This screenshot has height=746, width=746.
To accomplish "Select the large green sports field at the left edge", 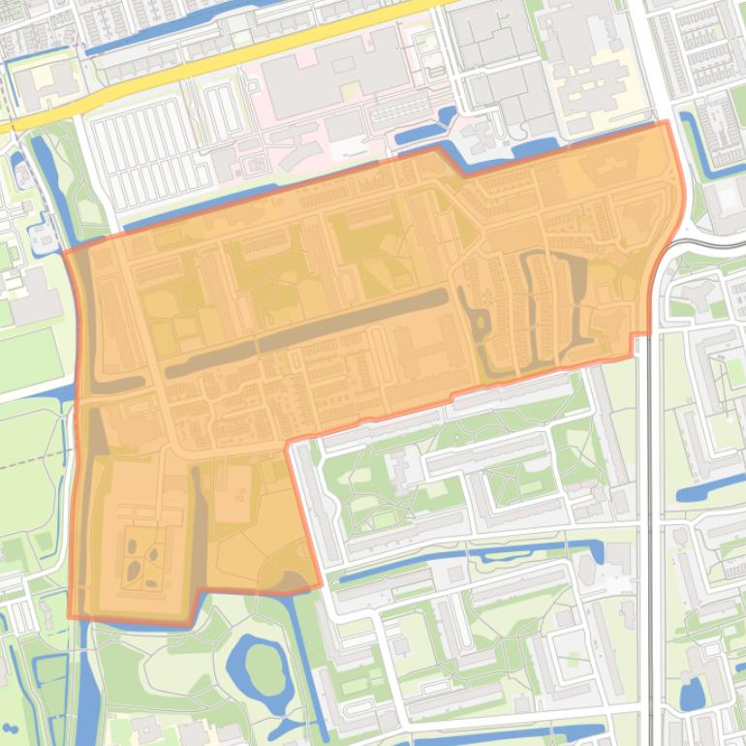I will (x=27, y=358).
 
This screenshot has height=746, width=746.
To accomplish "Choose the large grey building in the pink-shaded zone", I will (x=329, y=78).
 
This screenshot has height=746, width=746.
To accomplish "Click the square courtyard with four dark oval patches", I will (x=143, y=562).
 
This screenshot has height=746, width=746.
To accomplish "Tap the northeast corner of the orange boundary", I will (x=667, y=122).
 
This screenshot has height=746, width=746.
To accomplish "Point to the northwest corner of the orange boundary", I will (x=65, y=252).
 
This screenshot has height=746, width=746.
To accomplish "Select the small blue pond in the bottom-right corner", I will (x=691, y=694).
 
